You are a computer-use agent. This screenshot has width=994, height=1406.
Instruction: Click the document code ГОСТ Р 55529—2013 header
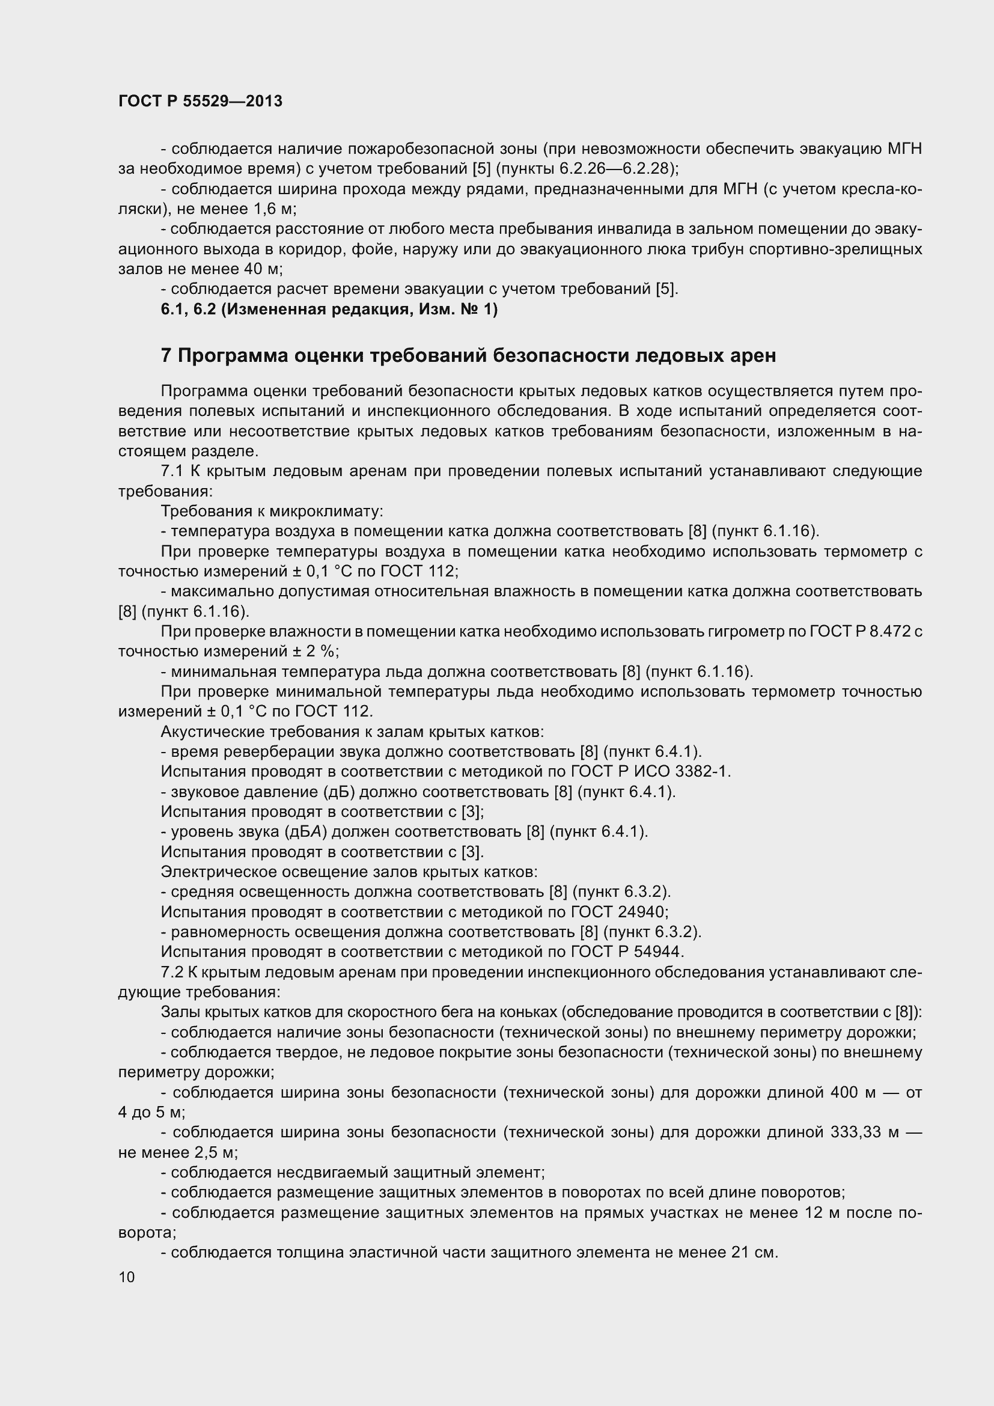[x=200, y=102]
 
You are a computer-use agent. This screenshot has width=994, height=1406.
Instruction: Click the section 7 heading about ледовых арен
[x=468, y=355]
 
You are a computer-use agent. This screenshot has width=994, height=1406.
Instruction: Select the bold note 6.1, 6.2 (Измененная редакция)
[x=329, y=309]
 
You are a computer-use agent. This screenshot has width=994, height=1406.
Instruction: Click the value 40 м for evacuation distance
[x=258, y=269]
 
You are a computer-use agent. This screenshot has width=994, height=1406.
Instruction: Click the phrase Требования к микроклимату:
[x=272, y=511]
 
